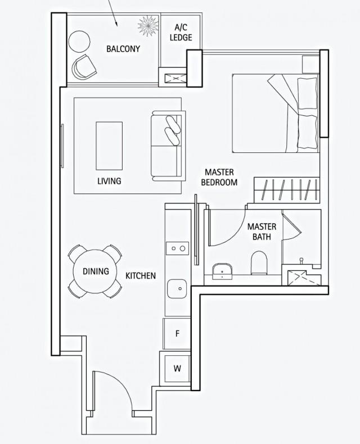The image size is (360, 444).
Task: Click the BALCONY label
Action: click(x=123, y=49)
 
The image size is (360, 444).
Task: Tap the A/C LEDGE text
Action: click(x=181, y=33)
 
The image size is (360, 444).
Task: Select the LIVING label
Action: click(x=109, y=181)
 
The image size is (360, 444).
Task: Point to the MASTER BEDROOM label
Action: click(x=219, y=177)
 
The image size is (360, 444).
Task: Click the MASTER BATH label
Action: click(x=262, y=232)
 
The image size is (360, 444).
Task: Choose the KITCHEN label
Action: click(x=141, y=275)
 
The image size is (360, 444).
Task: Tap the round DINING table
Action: click(x=96, y=271)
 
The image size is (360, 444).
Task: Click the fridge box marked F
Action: click(x=177, y=333)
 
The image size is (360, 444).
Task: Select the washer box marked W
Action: click(x=177, y=369)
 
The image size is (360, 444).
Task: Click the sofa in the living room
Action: click(x=167, y=146)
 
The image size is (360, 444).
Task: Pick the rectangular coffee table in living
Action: click(x=110, y=145)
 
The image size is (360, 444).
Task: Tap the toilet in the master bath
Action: click(x=259, y=262)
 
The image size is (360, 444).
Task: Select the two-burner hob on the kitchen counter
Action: click(x=178, y=248)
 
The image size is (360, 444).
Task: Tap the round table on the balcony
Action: click(x=79, y=40)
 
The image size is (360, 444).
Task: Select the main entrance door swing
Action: click(x=112, y=391)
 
